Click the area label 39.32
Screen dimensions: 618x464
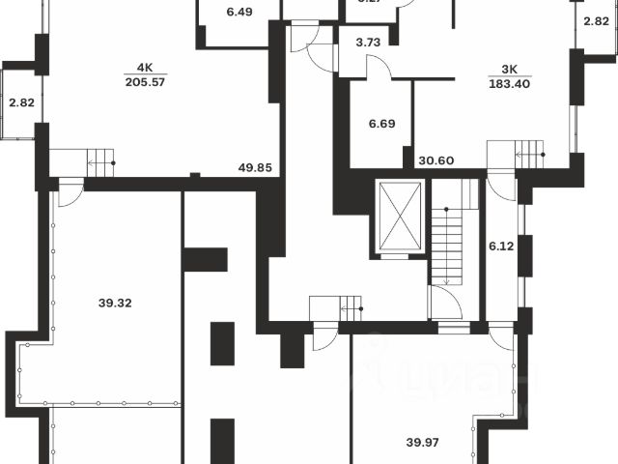click(x=115, y=303)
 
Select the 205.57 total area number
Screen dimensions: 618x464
click(x=145, y=83)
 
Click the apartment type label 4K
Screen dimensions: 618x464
click(x=145, y=68)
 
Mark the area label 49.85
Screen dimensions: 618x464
click(x=255, y=167)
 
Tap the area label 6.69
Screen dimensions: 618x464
click(x=379, y=124)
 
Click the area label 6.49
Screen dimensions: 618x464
click(x=239, y=13)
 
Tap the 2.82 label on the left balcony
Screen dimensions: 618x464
click(x=20, y=101)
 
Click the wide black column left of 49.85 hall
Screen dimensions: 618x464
click(x=205, y=259)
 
